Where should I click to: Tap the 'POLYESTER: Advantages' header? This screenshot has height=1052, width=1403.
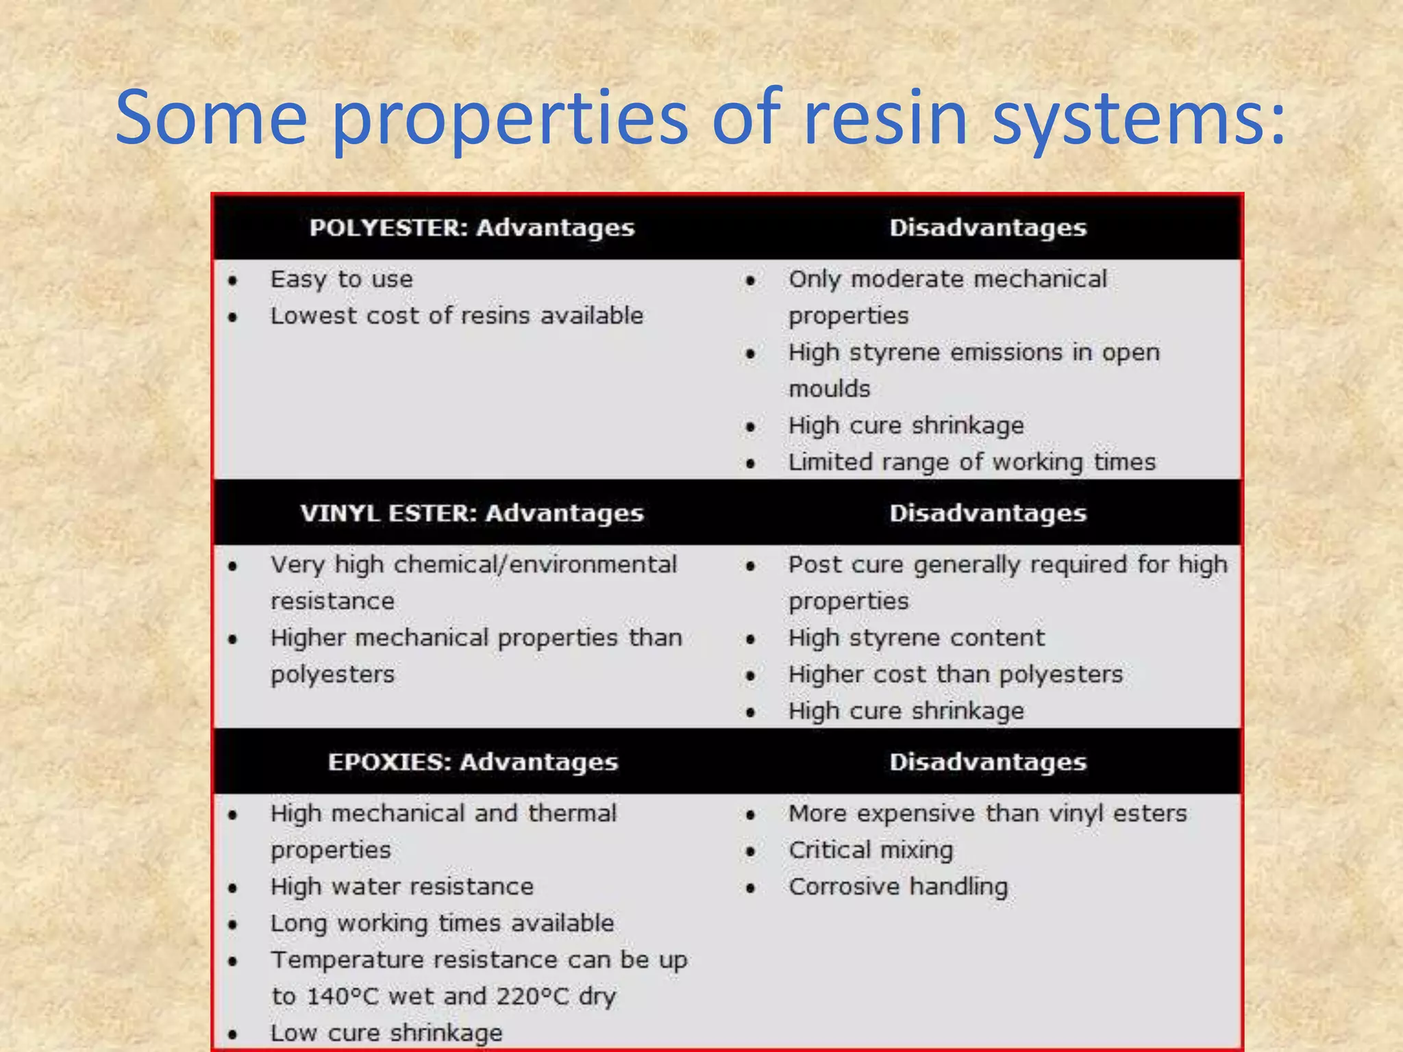point(472,228)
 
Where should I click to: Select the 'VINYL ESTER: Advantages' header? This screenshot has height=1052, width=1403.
point(472,514)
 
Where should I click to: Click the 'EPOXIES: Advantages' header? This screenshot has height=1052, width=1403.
point(473,762)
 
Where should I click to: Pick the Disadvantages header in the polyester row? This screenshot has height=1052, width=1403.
point(988,228)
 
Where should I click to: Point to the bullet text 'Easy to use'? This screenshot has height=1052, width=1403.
point(341,279)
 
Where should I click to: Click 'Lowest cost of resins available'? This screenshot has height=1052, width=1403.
point(457,316)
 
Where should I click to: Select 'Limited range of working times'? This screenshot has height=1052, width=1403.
point(971,462)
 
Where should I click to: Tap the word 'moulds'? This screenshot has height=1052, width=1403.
point(829,389)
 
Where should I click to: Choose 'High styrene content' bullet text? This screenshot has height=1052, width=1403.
point(917,638)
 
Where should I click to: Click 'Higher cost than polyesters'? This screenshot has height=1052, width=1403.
point(956,675)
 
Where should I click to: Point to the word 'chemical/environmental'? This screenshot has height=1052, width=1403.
point(535,565)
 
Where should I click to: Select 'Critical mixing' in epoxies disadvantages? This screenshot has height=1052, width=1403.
point(871,851)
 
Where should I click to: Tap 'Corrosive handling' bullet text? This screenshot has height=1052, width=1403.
point(898,887)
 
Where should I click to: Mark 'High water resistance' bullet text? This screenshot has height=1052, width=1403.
point(401,887)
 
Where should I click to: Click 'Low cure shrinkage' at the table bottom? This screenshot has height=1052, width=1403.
point(386,1033)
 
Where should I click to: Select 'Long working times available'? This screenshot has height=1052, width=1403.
point(442,923)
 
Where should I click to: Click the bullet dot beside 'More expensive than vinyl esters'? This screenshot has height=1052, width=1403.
point(751,815)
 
